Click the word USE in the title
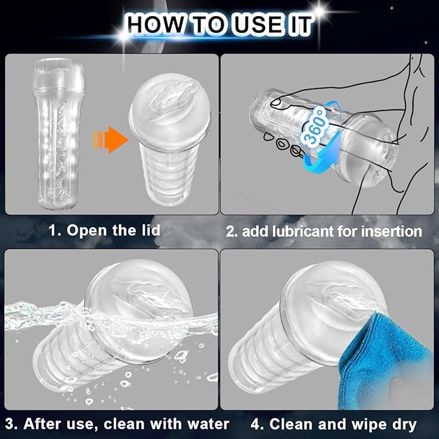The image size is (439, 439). tap(258, 25)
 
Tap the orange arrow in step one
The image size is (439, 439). tap(111, 140)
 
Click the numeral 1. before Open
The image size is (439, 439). tap(55, 231)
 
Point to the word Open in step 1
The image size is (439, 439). tap(87, 231)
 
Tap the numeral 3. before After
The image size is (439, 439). tap(12, 424)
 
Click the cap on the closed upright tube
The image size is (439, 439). tap(59, 75)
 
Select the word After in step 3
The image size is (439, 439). tap(41, 424)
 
